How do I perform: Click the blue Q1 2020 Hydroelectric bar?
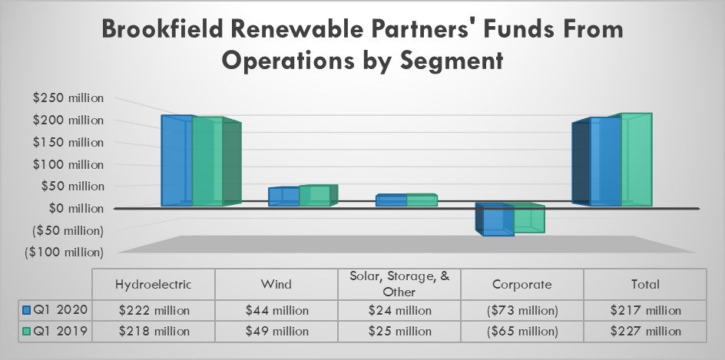[176, 161]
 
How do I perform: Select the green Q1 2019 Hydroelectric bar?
[208, 163]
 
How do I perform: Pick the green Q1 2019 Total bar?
[636, 160]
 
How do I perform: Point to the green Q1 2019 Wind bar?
[315, 197]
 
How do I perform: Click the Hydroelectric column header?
[153, 284]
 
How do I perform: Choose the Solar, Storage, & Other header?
[399, 284]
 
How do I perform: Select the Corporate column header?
[521, 284]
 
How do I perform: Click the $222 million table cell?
[153, 310]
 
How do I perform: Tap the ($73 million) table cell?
[521, 310]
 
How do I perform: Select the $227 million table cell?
[644, 332]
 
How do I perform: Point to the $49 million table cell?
[276, 332]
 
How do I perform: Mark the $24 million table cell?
[399, 310]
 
